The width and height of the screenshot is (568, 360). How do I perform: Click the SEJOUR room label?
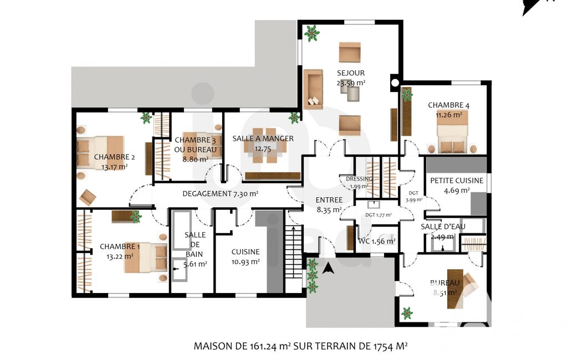[x=351, y=73]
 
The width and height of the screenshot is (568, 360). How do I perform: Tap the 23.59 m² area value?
[x=351, y=83]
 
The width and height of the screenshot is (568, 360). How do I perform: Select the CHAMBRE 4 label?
[x=448, y=105]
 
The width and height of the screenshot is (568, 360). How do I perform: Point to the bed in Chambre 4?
[x=452, y=131]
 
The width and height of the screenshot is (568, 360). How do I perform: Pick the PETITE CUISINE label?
[x=457, y=181]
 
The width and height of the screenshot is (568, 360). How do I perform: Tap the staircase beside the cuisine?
[x=293, y=251]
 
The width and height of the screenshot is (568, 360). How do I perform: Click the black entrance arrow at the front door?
[x=328, y=268]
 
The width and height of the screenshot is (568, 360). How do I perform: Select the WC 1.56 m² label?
[x=376, y=241]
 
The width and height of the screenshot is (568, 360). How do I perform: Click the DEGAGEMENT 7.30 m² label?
[x=220, y=194]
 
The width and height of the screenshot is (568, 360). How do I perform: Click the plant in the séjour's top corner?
[x=311, y=33]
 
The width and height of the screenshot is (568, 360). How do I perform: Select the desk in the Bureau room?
[x=456, y=289]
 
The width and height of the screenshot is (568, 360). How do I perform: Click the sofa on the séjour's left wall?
[x=313, y=89]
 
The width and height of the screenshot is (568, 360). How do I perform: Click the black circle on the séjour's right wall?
[x=395, y=83]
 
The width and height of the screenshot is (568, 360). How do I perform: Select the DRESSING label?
[x=359, y=179]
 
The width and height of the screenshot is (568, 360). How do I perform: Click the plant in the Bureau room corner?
[x=407, y=313]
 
